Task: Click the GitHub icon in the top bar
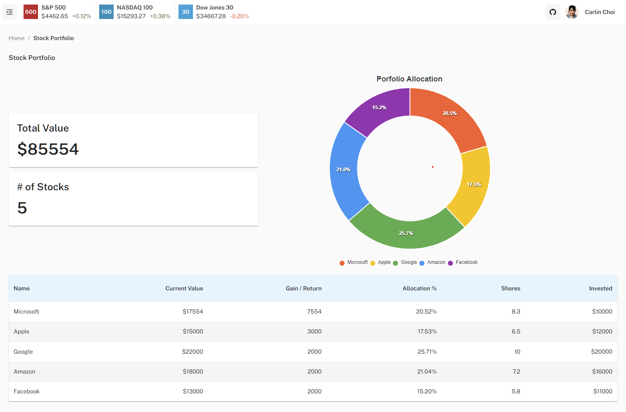(x=553, y=12)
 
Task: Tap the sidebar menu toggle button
(x=10, y=12)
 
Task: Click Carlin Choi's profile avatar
(x=572, y=12)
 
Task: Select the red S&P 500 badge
(x=31, y=12)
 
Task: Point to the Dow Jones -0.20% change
(x=240, y=17)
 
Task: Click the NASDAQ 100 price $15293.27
(x=131, y=17)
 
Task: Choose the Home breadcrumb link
(x=17, y=38)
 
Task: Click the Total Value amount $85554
(x=48, y=149)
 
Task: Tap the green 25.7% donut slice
(x=406, y=234)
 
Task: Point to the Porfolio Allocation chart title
(x=409, y=79)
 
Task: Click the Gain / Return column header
(x=303, y=289)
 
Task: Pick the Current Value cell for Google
(x=193, y=352)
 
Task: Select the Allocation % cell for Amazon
(x=427, y=371)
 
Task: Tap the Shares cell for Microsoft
(x=516, y=311)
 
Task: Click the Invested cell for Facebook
(x=602, y=391)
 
